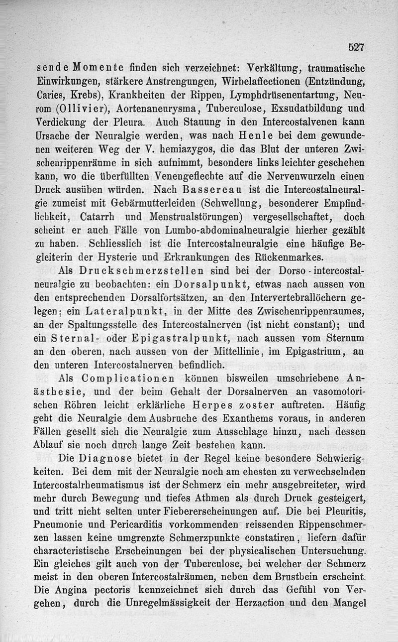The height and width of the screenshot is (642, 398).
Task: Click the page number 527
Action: (x=356, y=47)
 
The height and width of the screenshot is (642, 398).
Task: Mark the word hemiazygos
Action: (x=183, y=149)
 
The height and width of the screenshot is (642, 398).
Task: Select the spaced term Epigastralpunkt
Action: (x=170, y=339)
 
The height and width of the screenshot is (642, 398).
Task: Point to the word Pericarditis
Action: (x=136, y=524)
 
